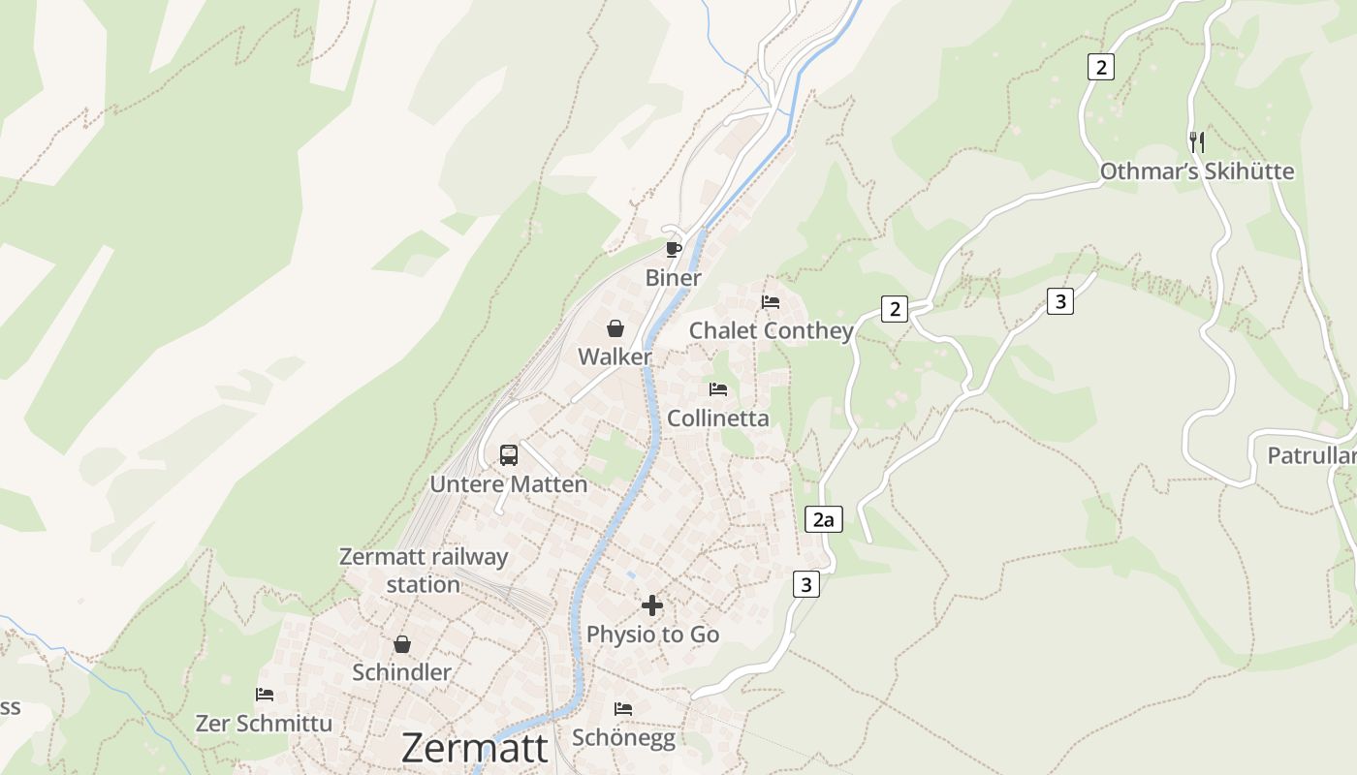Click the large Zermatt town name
click(x=474, y=748)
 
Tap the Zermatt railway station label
click(x=424, y=571)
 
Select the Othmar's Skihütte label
click(x=1196, y=171)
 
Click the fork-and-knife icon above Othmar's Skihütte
click(x=1197, y=142)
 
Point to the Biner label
click(x=673, y=278)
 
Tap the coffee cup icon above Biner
click(x=674, y=249)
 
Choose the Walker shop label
click(x=615, y=356)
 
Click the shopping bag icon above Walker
click(x=615, y=328)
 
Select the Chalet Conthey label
click(x=771, y=330)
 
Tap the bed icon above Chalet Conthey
click(x=771, y=302)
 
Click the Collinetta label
click(x=717, y=418)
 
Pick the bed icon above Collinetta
click(x=717, y=389)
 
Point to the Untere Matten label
click(x=509, y=484)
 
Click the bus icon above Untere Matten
click(x=509, y=454)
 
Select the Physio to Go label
click(x=652, y=635)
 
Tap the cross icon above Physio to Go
click(x=652, y=605)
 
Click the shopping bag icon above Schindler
click(x=401, y=644)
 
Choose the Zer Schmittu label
click(x=264, y=724)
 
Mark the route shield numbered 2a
click(x=823, y=520)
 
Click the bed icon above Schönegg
click(x=623, y=709)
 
